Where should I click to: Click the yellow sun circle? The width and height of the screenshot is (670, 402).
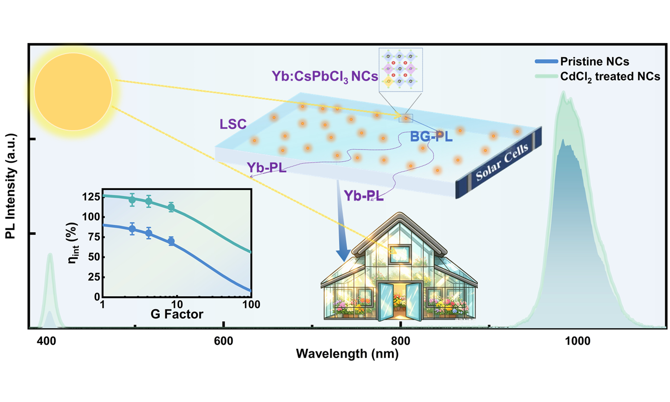click(x=73, y=92)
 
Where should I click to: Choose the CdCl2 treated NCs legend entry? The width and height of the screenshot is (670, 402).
click(x=598, y=77)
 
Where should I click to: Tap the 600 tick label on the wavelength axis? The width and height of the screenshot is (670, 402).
click(x=224, y=341)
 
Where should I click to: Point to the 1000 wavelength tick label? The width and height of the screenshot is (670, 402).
click(x=577, y=341)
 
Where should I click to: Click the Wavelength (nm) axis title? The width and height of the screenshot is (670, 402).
click(x=347, y=354)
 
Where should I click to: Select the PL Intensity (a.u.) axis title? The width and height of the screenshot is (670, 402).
click(x=11, y=186)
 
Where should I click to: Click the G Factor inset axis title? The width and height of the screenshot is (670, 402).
click(x=177, y=314)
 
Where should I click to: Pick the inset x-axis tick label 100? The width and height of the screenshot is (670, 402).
click(x=251, y=304)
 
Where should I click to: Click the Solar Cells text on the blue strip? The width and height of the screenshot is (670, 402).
click(x=502, y=162)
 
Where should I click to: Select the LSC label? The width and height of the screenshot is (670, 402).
click(x=233, y=124)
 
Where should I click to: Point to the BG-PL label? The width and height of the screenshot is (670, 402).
click(x=431, y=137)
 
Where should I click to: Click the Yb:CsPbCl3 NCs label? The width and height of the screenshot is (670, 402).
click(x=325, y=77)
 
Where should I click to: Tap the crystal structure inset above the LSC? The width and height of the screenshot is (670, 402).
click(x=400, y=70)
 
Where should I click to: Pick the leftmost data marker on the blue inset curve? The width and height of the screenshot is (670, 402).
click(x=132, y=229)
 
